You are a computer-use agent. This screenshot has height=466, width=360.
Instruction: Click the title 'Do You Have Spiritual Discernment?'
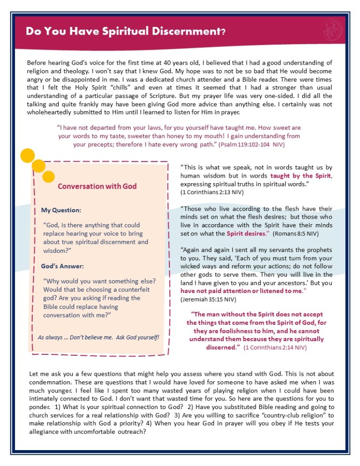126,31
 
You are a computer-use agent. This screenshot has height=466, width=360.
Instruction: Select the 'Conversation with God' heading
97,186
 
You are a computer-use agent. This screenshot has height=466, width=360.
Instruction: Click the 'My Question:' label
61,210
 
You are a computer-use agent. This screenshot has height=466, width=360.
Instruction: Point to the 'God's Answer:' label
63,266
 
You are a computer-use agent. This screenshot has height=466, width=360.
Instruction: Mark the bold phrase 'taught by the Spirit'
300,176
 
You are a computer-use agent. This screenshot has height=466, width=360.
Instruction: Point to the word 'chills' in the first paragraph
136,87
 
